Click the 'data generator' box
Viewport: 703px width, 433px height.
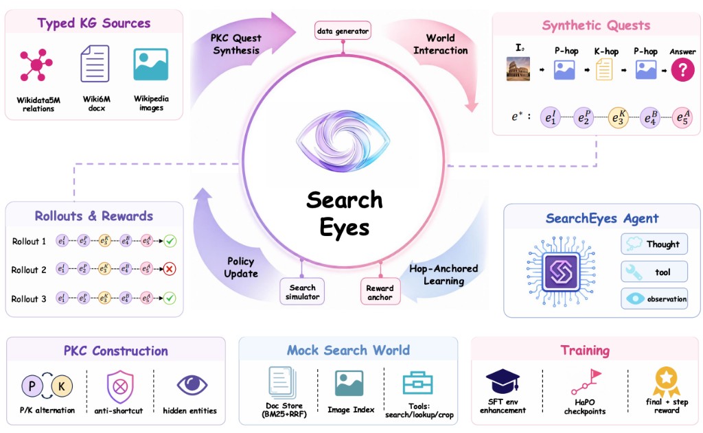(343, 30)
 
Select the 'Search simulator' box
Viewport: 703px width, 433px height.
(302, 292)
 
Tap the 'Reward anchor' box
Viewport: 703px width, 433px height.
(380, 292)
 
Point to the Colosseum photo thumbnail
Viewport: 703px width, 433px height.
(518, 69)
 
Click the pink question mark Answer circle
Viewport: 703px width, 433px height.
(682, 69)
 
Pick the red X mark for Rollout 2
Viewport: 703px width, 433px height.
(170, 269)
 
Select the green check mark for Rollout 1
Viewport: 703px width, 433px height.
(170, 241)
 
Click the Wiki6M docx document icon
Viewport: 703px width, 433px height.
(95, 64)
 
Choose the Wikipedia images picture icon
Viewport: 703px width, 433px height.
(151, 64)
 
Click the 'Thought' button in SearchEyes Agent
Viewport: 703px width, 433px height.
(654, 244)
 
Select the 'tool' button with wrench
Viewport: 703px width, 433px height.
(654, 272)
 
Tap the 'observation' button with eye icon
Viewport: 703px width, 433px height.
(654, 299)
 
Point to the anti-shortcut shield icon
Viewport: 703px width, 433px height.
(120, 386)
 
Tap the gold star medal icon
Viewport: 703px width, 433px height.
(667, 381)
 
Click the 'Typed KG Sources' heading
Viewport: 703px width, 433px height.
(93, 23)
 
